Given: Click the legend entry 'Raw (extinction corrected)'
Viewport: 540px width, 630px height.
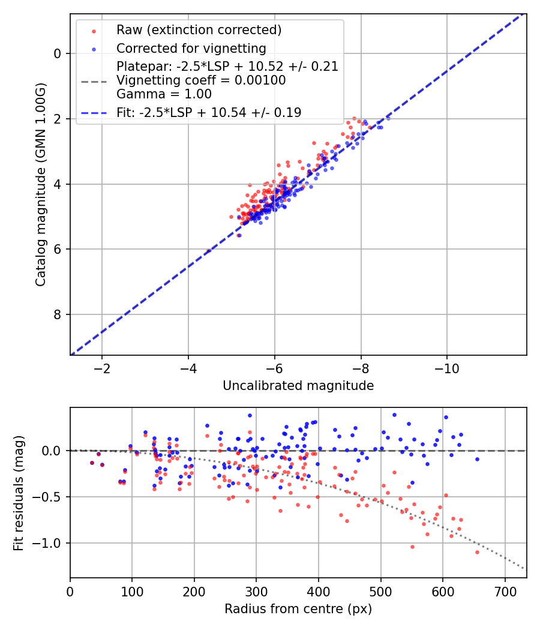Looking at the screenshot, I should (199, 30).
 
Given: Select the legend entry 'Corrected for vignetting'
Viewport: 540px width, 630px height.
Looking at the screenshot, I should (191, 48).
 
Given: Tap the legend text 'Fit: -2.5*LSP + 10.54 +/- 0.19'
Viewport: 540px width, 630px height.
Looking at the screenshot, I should (209, 112).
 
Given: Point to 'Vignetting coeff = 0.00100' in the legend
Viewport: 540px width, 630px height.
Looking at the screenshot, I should (201, 80).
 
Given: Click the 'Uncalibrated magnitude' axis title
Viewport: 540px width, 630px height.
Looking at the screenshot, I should (298, 386).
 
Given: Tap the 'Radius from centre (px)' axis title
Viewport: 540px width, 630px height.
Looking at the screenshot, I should (298, 609).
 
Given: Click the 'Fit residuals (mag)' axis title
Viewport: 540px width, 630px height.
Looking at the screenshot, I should (19, 493).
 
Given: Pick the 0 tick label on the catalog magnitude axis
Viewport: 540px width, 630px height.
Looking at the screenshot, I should (57, 53).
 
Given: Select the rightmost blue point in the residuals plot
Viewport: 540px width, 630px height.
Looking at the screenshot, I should (477, 459).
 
